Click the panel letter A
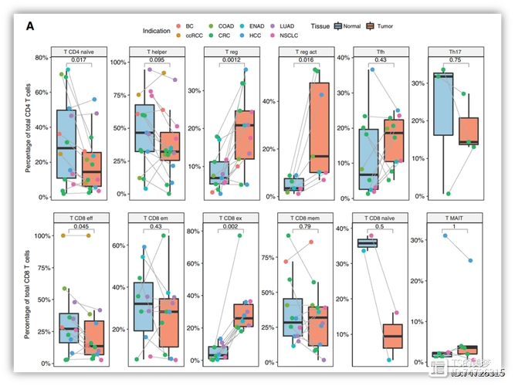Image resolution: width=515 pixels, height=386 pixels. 30,26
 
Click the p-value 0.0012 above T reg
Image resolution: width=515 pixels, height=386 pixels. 230,59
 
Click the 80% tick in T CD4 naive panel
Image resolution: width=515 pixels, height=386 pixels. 42,58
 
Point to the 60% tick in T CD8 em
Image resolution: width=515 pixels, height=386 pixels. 120,245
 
